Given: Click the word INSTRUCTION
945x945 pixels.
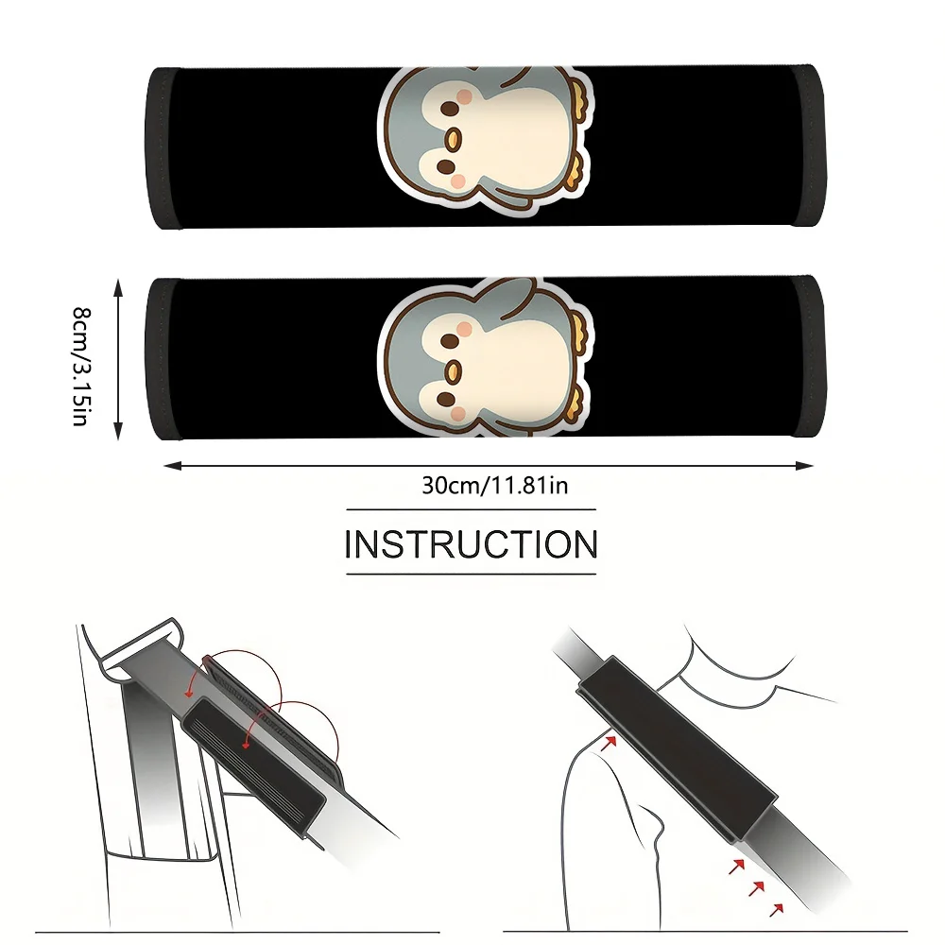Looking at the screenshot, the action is click(471, 544).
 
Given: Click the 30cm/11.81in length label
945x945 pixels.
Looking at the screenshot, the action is click(495, 485).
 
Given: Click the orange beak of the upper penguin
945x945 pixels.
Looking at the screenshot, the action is click(453, 139).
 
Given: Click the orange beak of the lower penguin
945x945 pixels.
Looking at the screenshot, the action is click(453, 373).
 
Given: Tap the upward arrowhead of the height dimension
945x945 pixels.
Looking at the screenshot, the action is click(118, 288).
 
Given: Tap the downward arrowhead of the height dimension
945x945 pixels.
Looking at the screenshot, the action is click(118, 430).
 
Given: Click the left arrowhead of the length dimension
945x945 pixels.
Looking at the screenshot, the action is click(174, 465).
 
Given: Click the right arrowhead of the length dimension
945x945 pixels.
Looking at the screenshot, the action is click(804, 465).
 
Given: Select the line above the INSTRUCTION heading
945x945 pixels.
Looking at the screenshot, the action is click(471, 510).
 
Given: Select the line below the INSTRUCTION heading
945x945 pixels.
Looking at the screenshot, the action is click(471, 574).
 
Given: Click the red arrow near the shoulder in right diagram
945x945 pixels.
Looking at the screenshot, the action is click(610, 741).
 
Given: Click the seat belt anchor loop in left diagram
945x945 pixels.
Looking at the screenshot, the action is click(144, 651).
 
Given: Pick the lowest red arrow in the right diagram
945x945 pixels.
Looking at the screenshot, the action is click(777, 909).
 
